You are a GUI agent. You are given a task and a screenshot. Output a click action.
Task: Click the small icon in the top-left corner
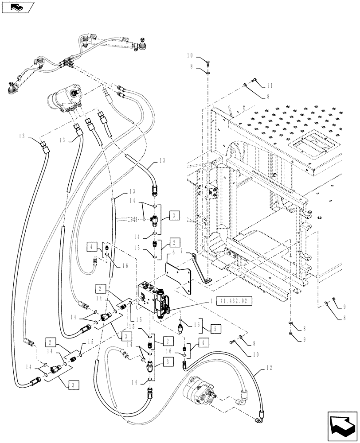click(17, 7)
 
